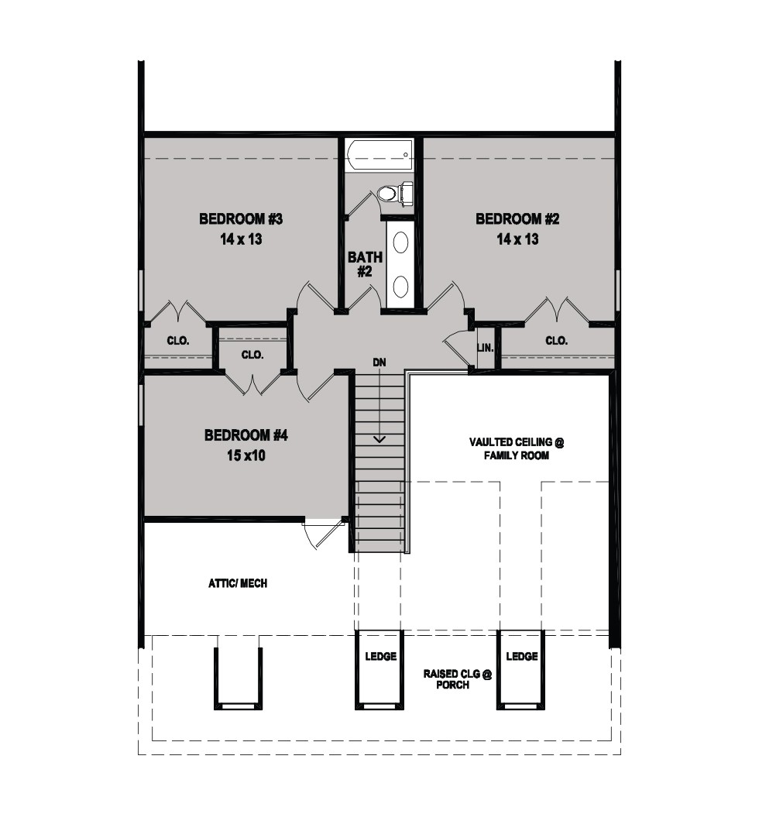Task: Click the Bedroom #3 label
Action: pyautogui.click(x=241, y=219)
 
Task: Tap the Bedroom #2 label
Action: pyautogui.click(x=517, y=219)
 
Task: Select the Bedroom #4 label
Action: pyautogui.click(x=246, y=435)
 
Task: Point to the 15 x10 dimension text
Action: pyautogui.click(x=246, y=455)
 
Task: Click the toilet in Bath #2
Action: pyautogui.click(x=395, y=193)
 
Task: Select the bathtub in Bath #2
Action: pyautogui.click(x=379, y=155)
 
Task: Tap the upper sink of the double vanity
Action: pyautogui.click(x=400, y=242)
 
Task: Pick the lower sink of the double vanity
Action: pyautogui.click(x=400, y=286)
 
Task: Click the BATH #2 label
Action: pyautogui.click(x=365, y=264)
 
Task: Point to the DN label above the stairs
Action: pyautogui.click(x=379, y=362)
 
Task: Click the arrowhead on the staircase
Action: pyautogui.click(x=379, y=439)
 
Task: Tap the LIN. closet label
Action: pyautogui.click(x=486, y=347)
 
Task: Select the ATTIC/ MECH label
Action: pyautogui.click(x=238, y=583)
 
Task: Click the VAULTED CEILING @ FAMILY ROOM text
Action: pyautogui.click(x=517, y=448)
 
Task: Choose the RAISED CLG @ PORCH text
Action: pyautogui.click(x=458, y=679)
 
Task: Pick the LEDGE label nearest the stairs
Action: pyautogui.click(x=380, y=656)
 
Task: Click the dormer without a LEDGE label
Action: pyautogui.click(x=238, y=678)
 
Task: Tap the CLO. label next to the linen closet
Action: pyautogui.click(x=556, y=341)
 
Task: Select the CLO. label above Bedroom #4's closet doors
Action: pyautogui.click(x=252, y=355)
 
